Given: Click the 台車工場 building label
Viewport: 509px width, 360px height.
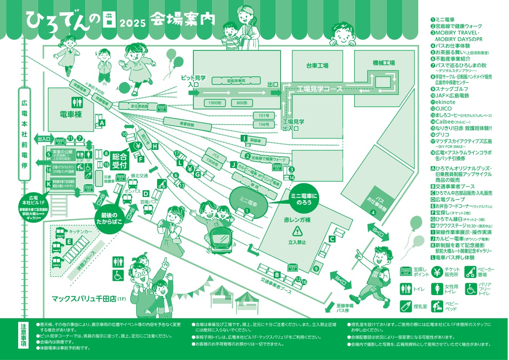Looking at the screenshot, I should pos(317,66).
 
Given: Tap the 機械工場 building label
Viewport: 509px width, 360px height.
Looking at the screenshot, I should pos(384,63).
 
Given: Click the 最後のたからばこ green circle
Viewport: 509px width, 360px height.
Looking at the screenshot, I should pos(109,218).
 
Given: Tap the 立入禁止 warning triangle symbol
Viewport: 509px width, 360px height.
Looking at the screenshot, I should pos(297,232).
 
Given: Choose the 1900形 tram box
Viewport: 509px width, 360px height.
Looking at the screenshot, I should pos(212,103).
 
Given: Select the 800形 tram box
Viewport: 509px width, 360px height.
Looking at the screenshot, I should pos(242,103).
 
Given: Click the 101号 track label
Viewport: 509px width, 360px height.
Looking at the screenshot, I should pos(264,115).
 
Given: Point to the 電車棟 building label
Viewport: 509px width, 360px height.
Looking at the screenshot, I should pos(70,113).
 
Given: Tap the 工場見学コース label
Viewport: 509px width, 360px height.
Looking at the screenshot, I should pos(320,89).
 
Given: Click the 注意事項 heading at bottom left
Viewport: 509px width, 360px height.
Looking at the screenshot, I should pos(24,336).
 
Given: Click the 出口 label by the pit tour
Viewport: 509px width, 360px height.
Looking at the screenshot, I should pos(273,84).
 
